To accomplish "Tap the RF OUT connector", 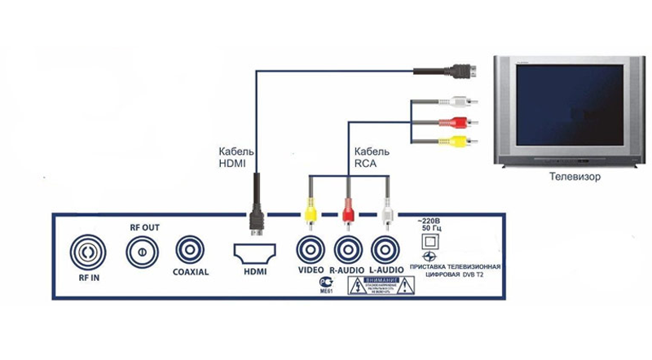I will coord(141,251).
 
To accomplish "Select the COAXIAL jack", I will coord(191,248).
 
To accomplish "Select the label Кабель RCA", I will coord(372,158).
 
